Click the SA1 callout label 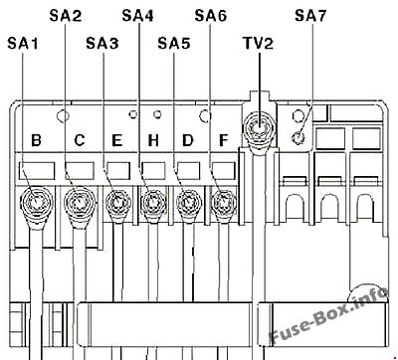[x=23, y=43]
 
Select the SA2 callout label [x=65, y=15]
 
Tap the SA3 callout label [x=102, y=43]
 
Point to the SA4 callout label [x=137, y=15]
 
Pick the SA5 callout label [x=174, y=43]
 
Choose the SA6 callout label [x=210, y=15]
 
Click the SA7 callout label [x=310, y=15]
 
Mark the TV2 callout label [x=258, y=43]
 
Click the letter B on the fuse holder [x=36, y=140]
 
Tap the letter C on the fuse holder [x=80, y=140]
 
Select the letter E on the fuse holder [x=117, y=140]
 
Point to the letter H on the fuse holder [x=153, y=140]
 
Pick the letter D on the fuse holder [x=188, y=140]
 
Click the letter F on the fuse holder [x=224, y=140]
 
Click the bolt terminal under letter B [x=37, y=202]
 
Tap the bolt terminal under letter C [x=80, y=202]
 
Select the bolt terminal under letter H [x=153, y=202]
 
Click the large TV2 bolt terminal [x=259, y=128]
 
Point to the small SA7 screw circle [x=298, y=137]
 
